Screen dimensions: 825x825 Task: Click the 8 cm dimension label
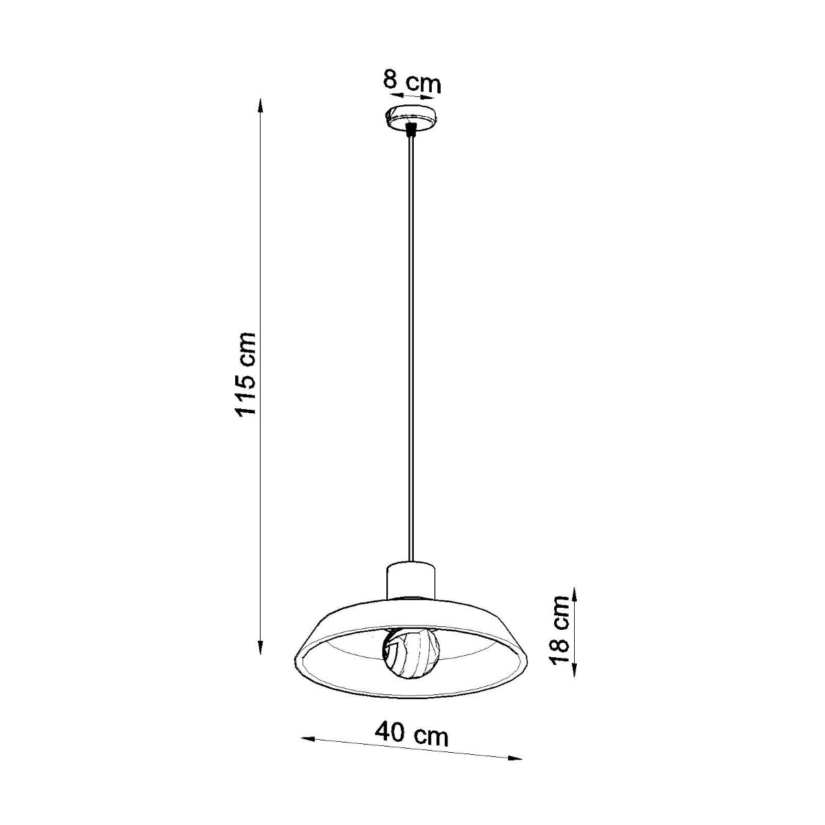click(x=411, y=82)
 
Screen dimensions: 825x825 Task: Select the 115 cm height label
click(x=245, y=374)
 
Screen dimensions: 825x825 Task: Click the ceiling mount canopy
click(x=410, y=118)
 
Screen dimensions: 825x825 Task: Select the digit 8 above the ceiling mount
click(x=390, y=80)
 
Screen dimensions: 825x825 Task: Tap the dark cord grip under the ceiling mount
click(x=410, y=129)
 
